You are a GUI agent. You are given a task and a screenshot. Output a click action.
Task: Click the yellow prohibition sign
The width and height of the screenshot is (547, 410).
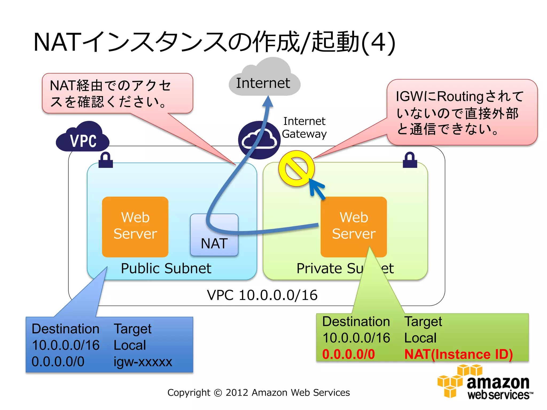tap(296, 168)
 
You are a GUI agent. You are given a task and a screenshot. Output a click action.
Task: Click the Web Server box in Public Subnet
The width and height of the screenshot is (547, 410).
tap(135, 227)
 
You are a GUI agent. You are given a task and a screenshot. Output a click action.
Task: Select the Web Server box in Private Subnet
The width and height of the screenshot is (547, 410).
tap(354, 227)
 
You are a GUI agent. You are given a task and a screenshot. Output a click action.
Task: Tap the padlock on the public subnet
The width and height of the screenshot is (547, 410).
tap(106, 160)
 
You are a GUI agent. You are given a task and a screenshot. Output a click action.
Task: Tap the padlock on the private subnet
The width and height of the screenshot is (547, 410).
tap(410, 160)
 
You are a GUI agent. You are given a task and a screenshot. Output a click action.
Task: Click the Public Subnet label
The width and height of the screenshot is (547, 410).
tap(166, 268)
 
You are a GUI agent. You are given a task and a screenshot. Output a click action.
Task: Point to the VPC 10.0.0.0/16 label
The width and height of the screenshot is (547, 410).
tap(262, 295)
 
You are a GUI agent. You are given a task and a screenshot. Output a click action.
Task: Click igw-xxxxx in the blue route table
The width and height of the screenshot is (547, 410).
tap(143, 362)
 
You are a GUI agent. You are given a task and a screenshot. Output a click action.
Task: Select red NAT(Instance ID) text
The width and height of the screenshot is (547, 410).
tap(458, 354)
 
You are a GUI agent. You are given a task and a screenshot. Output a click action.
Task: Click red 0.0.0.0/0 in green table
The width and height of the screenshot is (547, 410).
tap(349, 354)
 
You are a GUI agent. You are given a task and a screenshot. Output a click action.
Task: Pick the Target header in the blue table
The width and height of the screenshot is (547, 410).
tap(132, 329)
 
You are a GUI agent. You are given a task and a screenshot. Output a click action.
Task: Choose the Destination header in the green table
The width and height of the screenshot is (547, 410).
tap(356, 321)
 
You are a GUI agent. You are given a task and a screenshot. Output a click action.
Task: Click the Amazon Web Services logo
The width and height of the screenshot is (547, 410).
tap(485, 383)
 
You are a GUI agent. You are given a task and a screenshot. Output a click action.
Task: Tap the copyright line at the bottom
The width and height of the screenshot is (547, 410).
tap(259, 392)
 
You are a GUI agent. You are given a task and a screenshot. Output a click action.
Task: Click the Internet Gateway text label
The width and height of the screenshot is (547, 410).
tap(304, 128)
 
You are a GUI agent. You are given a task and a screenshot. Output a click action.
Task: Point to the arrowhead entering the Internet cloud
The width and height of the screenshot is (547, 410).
tap(268, 102)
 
